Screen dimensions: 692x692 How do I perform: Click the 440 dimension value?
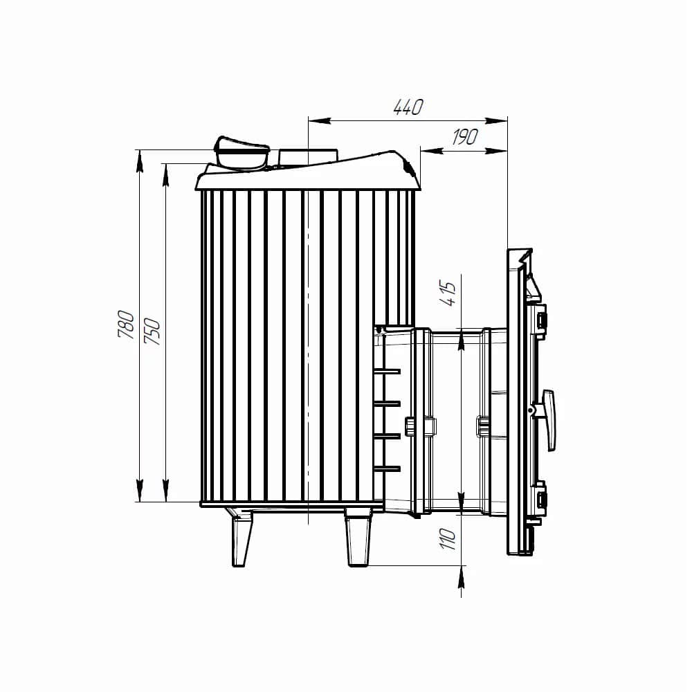pos(408,107)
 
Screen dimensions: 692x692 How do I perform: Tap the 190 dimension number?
pos(465,137)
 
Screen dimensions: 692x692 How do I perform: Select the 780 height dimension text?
pos(126,325)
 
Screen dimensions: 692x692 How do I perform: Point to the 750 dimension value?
pos(153,331)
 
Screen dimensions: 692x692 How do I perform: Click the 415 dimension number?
pos(448,293)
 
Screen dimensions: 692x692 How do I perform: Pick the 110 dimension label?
pos(448,539)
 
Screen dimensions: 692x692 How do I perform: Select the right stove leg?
pos(358,538)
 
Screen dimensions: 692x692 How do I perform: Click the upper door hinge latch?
pos(542,320)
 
